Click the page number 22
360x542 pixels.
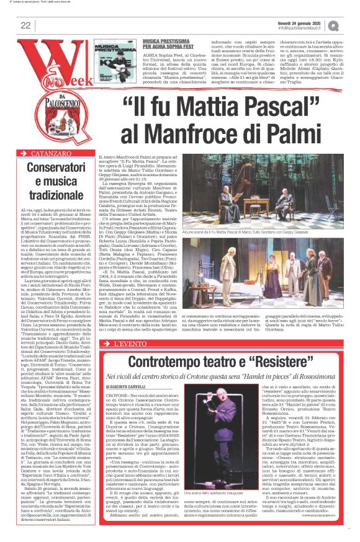point(26,25)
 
